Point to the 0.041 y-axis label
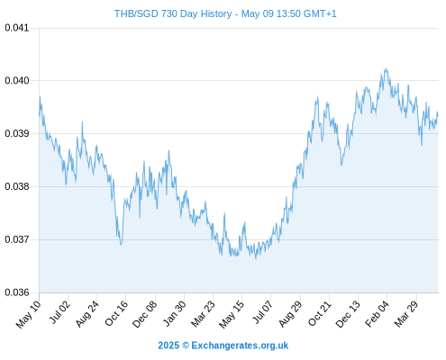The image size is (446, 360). click(17, 28)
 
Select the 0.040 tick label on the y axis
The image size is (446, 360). click(17, 81)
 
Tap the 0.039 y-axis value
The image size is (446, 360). click(17, 133)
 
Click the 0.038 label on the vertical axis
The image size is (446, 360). click(17, 186)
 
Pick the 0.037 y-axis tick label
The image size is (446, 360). click(17, 239)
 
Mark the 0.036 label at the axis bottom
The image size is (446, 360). click(17, 292)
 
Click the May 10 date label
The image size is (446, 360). click(28, 314)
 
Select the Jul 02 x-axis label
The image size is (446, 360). click(59, 312)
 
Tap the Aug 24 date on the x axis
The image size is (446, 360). click(87, 313)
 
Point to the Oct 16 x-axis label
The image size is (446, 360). click(116, 313)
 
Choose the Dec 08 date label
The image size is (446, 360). click(144, 314)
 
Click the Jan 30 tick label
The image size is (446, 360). click(175, 313)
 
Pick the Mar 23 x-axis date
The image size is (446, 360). click(204, 313)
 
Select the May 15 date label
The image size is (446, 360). click(232, 314)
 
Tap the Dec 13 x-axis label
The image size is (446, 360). click(348, 314)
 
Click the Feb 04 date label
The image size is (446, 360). click(377, 313)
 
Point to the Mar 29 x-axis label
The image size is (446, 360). click(406, 313)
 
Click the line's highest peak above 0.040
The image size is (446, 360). click(387, 68)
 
